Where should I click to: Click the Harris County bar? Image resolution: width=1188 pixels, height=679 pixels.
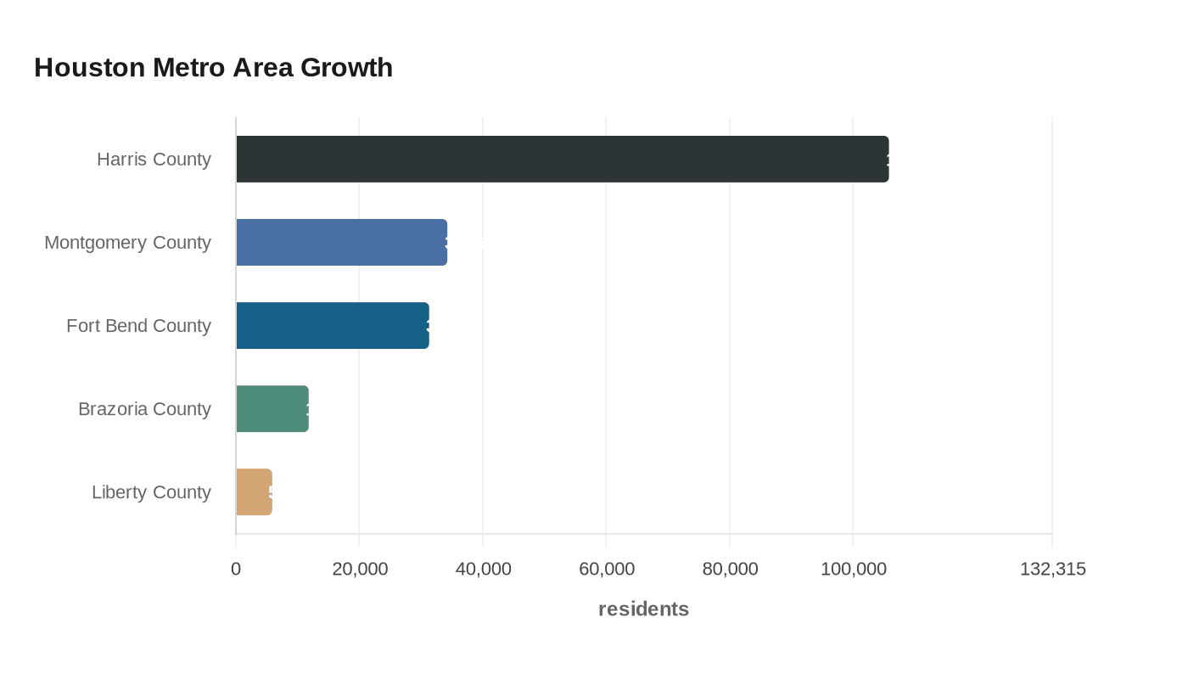pyautogui.click(x=562, y=159)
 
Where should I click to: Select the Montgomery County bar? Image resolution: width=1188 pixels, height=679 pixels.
pyautogui.click(x=341, y=242)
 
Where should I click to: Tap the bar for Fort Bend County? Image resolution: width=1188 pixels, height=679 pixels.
pyautogui.click(x=332, y=325)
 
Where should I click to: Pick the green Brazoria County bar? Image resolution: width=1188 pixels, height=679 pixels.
pyautogui.click(x=272, y=408)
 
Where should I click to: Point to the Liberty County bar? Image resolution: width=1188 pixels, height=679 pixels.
pyautogui.click(x=254, y=491)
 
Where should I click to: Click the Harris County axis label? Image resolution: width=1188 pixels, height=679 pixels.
pyautogui.click(x=154, y=159)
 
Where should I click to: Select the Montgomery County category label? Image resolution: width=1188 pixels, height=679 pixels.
pyautogui.click(x=127, y=242)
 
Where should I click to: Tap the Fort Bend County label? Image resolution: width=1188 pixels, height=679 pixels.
pyautogui.click(x=138, y=325)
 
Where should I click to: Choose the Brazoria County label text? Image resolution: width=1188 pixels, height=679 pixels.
pyautogui.click(x=144, y=408)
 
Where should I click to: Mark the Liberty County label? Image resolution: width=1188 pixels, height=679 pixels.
pyautogui.click(x=151, y=491)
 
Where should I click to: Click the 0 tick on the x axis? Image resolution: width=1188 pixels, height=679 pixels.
pyautogui.click(x=236, y=569)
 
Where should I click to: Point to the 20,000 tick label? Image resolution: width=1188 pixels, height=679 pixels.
pyautogui.click(x=360, y=569)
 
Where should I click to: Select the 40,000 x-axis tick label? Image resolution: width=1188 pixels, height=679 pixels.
pyautogui.click(x=483, y=569)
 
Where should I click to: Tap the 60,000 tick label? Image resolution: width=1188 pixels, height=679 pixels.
pyautogui.click(x=607, y=569)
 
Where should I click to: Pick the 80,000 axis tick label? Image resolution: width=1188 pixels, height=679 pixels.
pyautogui.click(x=730, y=569)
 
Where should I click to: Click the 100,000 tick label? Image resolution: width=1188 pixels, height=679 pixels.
pyautogui.click(x=853, y=569)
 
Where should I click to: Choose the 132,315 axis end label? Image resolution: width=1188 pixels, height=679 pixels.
pyautogui.click(x=1052, y=569)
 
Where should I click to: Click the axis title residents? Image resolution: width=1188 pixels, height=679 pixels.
pyautogui.click(x=643, y=609)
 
